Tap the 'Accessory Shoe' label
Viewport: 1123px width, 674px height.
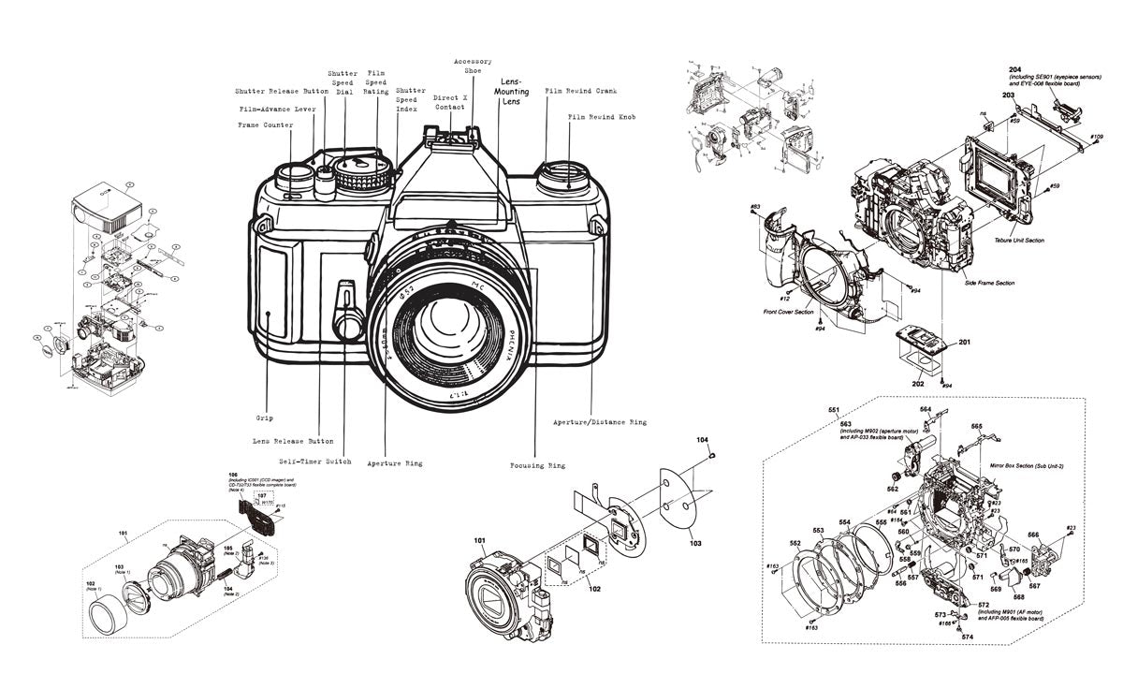point(473,68)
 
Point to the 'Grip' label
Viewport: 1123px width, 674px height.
point(264,418)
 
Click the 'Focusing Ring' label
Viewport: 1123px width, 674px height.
point(537,465)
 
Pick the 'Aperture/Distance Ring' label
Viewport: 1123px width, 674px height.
point(599,422)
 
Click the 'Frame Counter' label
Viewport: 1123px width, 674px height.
point(265,125)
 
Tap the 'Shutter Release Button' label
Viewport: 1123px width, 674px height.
point(282,92)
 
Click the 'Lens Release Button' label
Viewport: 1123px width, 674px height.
point(293,441)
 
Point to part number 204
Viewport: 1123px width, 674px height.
point(1014,70)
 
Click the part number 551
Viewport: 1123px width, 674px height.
point(834,410)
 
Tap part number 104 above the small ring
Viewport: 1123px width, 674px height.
point(702,439)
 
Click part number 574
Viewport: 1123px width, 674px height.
point(968,637)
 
